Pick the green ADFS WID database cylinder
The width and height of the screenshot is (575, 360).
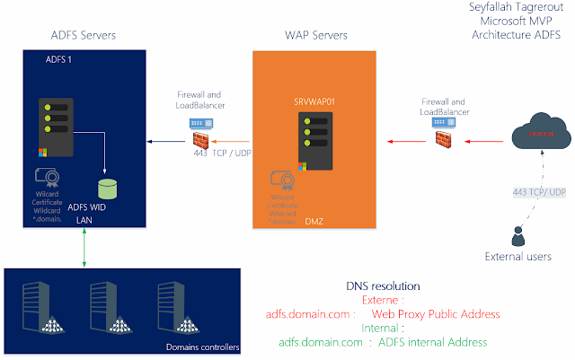(x=108, y=189)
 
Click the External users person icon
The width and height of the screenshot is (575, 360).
(x=517, y=236)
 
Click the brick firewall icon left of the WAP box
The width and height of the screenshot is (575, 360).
(x=204, y=140)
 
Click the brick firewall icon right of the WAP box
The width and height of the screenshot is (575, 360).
(x=441, y=139)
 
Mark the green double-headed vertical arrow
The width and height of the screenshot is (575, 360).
(x=83, y=245)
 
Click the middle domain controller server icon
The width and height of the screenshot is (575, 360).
(x=100, y=308)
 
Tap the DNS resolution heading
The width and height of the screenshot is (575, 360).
(x=382, y=286)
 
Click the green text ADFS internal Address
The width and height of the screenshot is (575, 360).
(x=431, y=342)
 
